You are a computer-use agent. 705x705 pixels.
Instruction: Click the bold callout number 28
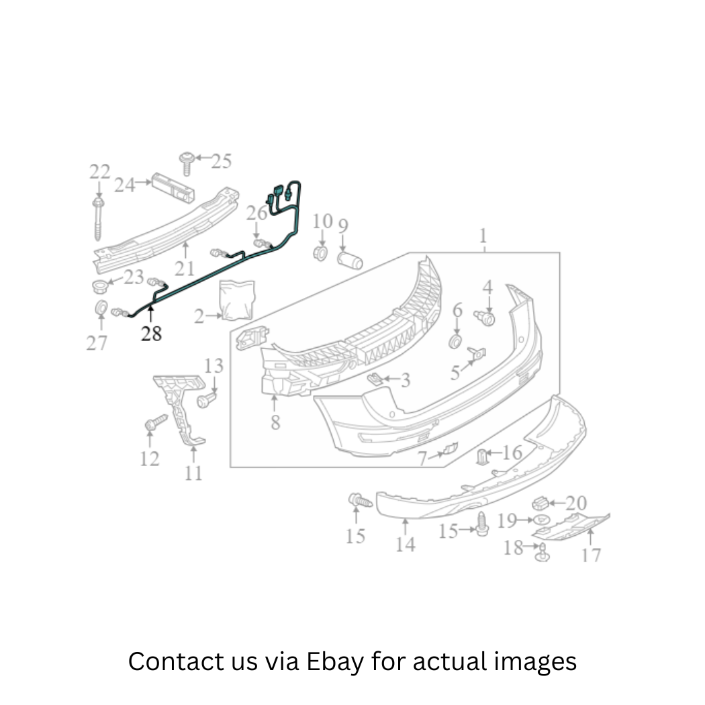tap(151, 334)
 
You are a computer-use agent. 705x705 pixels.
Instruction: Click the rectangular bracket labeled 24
tap(173, 187)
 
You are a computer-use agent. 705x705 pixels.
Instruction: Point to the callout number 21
tap(185, 269)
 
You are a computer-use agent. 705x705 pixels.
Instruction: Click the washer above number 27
tap(101, 308)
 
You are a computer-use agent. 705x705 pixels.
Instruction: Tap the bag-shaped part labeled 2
tap(237, 300)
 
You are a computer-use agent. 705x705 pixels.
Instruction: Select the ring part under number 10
tap(320, 253)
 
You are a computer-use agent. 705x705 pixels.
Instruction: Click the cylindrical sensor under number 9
tap(350, 261)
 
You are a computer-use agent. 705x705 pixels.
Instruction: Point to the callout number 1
tap(483, 236)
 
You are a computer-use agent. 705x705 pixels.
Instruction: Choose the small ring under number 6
tap(455, 341)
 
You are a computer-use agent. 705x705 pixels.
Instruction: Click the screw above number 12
tap(156, 422)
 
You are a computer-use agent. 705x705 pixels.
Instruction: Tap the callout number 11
tap(193, 473)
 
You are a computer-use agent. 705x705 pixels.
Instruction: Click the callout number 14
tap(405, 545)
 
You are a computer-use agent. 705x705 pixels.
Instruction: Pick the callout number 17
tap(592, 555)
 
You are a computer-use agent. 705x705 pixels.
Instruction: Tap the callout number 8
tap(275, 422)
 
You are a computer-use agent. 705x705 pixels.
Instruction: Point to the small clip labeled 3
tap(375, 379)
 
